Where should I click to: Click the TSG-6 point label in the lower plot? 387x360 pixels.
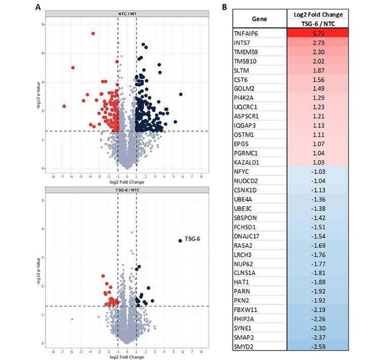tap(192, 239)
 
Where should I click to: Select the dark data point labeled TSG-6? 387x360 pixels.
tap(180, 241)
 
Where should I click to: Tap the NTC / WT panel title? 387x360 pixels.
tap(127, 14)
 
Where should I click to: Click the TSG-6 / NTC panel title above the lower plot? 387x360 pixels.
tap(127, 190)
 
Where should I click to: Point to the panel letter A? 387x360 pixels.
tap(38, 8)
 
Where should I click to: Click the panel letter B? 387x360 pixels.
tap(224, 7)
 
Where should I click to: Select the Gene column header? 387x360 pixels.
tap(260, 19)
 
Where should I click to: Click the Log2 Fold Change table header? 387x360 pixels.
tap(318, 15)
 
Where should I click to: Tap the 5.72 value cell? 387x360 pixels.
tap(318, 33)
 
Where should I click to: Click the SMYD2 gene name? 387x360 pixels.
tap(244, 347)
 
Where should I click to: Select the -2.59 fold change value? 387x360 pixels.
tap(318, 347)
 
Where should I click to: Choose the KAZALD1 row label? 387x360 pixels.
tap(246, 162)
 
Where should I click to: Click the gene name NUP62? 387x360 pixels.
tap(243, 264)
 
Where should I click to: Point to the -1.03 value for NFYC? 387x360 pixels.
tap(318, 172)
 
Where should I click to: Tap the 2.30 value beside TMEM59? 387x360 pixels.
tap(318, 52)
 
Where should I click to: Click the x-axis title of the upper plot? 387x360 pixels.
tap(127, 182)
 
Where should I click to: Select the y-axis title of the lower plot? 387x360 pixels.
tap(38, 272)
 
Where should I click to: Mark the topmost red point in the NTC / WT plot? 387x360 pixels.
tap(93, 33)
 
